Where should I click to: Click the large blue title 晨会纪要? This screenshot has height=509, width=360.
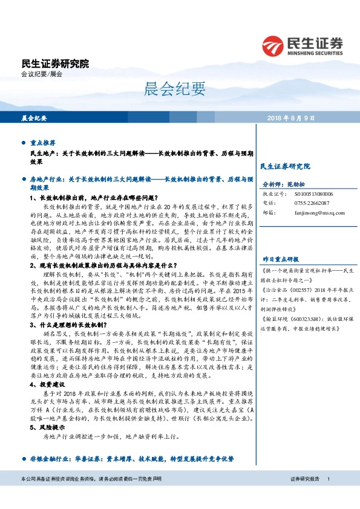click(167, 90)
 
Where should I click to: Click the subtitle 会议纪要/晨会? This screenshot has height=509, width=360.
click(42, 74)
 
